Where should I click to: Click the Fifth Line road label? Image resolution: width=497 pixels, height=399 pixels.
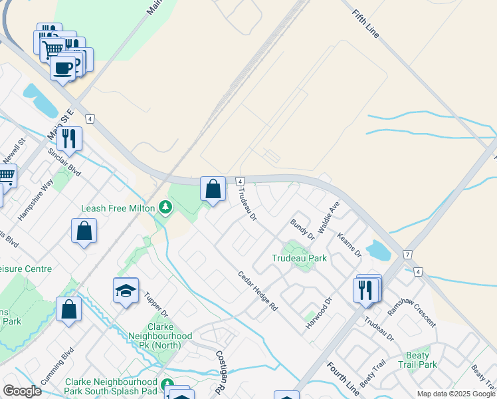[x=365, y=24]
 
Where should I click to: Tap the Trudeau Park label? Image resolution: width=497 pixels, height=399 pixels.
[x=300, y=258]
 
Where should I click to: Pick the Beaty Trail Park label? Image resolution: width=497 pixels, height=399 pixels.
[x=418, y=360]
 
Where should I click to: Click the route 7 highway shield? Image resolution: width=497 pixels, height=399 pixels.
[x=408, y=255]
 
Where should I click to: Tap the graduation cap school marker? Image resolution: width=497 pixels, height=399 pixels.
[x=126, y=290]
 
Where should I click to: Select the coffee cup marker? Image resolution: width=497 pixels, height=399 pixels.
[x=63, y=67]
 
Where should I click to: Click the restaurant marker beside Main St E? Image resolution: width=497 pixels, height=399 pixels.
[x=69, y=139]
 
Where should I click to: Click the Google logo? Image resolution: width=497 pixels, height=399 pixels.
[x=22, y=391]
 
